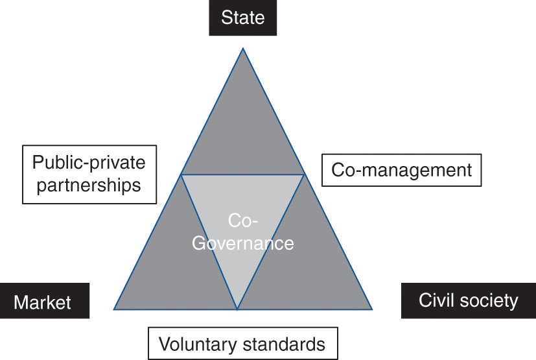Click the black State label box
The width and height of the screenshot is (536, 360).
243,18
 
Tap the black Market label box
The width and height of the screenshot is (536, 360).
43,302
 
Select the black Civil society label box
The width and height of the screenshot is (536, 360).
468,301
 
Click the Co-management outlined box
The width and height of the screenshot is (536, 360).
402,170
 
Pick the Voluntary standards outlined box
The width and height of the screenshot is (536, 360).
242,343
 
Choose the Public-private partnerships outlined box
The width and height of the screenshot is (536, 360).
89,174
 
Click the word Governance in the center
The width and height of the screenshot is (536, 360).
243,243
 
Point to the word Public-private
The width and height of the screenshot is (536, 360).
89,163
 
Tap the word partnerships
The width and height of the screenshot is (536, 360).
89,185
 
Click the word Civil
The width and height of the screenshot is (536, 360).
436,301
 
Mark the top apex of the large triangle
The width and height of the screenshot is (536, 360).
243,48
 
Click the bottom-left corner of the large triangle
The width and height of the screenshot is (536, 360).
114,309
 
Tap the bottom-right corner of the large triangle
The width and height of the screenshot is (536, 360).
372,309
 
